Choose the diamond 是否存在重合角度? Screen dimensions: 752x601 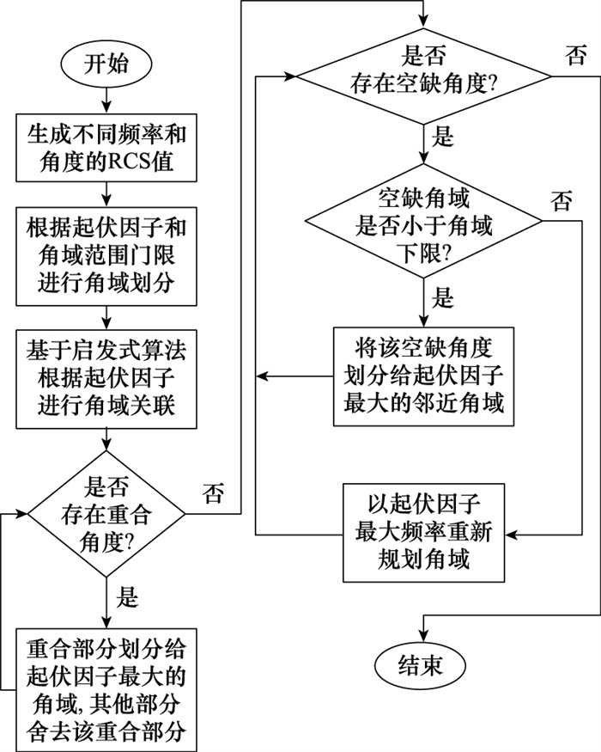[106, 514]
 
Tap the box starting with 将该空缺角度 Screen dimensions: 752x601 [423, 376]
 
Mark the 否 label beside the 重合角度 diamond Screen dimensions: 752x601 [213, 494]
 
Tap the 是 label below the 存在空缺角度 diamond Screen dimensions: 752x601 [444, 136]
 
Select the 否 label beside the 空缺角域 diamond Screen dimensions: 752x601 [562, 203]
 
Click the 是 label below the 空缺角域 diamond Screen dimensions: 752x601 [444, 297]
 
